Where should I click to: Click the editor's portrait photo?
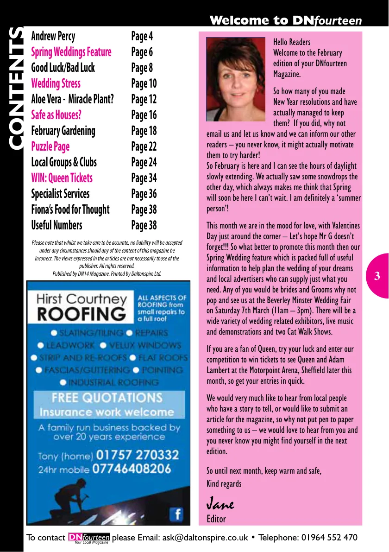(236, 79)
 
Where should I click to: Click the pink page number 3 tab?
(377, 277)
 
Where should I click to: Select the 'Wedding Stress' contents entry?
(56, 83)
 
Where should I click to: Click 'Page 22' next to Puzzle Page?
(144, 146)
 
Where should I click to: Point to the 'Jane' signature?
(220, 503)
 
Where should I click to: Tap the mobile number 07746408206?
(132, 469)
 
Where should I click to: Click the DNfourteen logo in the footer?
(89, 538)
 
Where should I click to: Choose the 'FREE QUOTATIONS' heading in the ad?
(107, 398)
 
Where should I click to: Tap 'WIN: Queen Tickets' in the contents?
(62, 178)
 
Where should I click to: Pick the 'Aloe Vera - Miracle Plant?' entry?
(72, 99)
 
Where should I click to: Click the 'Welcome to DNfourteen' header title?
(285, 20)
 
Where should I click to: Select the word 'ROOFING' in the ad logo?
(82, 314)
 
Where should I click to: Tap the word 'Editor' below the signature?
(216, 519)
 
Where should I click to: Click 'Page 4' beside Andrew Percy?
(142, 36)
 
